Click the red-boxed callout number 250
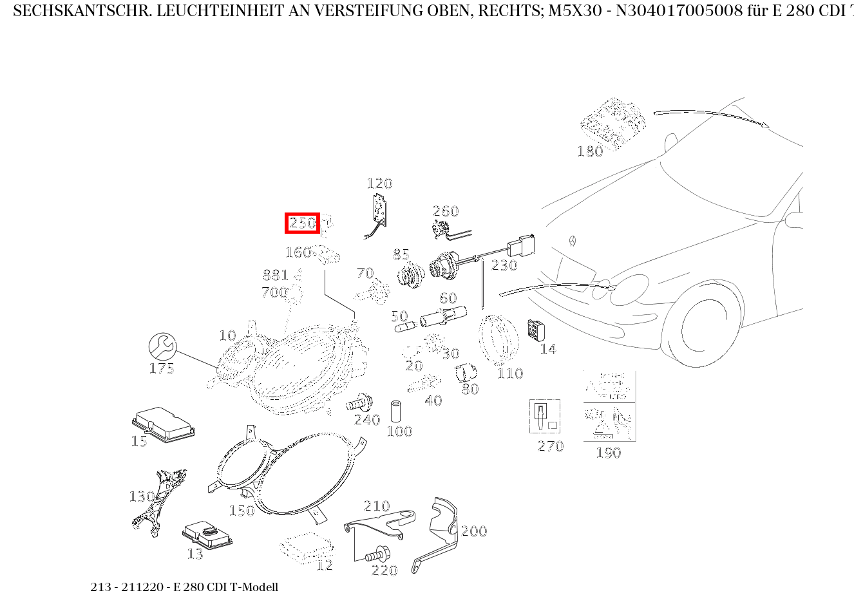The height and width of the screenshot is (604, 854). tap(302, 223)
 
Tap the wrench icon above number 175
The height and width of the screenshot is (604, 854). tap(162, 346)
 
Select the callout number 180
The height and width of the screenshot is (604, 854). tap(590, 151)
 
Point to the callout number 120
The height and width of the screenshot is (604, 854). tap(379, 184)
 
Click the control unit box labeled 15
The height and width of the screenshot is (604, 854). tap(163, 423)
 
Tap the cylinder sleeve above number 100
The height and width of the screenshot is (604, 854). tap(397, 411)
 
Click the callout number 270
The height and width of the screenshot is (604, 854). tap(551, 446)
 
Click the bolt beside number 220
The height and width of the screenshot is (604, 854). tap(377, 554)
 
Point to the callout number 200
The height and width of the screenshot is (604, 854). tap(474, 531)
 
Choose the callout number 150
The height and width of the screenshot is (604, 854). tap(242, 511)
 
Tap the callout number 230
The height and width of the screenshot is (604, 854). tap(504, 265)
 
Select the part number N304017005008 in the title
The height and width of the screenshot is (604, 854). tap(663, 12)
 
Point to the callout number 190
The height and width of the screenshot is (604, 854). tap(608, 453)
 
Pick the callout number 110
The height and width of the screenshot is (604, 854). tap(510, 373)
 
